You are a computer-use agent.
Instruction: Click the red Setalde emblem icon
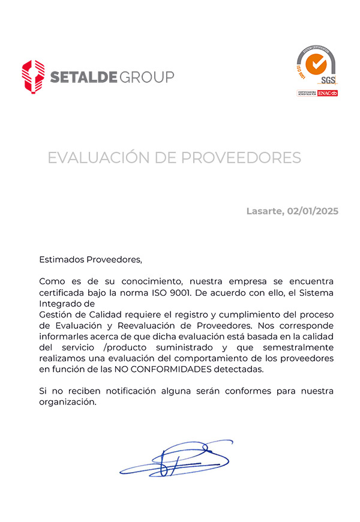pyautogui.click(x=33, y=76)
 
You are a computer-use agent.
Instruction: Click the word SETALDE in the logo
pyautogui.click(x=83, y=77)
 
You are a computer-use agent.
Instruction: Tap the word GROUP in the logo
pyautogui.click(x=146, y=77)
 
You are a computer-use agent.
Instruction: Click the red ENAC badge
pyautogui.click(x=328, y=93)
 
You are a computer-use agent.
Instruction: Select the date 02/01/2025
pyautogui.click(x=313, y=211)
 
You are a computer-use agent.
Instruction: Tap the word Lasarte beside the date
pyautogui.click(x=264, y=211)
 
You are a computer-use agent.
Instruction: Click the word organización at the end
pyautogui.click(x=67, y=402)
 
